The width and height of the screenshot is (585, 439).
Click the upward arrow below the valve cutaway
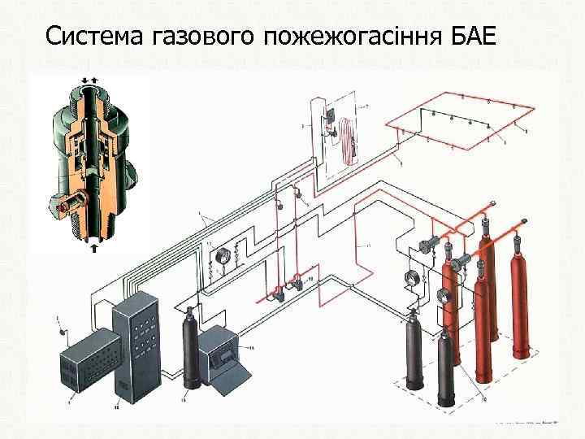tap(93, 248)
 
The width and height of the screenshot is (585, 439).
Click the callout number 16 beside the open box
tap(252, 347)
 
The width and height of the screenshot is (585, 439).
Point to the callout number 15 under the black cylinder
tap(185, 400)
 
